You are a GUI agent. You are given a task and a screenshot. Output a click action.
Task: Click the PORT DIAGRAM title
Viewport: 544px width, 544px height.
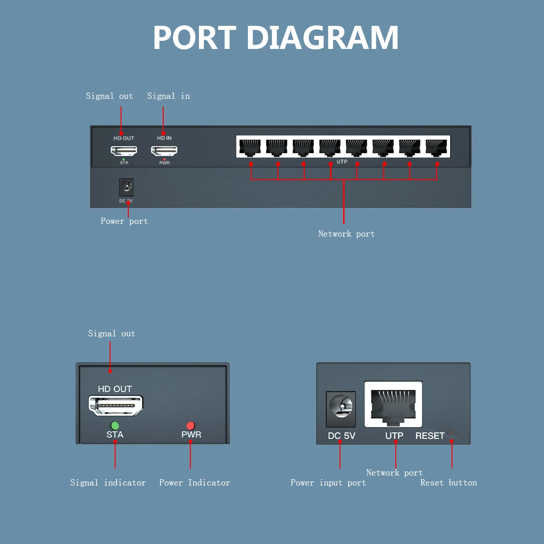click(276, 38)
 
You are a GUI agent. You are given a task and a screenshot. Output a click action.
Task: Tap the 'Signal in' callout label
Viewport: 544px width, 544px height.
click(169, 96)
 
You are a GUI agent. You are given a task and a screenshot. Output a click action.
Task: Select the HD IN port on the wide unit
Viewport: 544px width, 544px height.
click(164, 151)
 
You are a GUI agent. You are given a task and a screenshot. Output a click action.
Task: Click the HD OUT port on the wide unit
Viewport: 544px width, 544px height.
click(124, 151)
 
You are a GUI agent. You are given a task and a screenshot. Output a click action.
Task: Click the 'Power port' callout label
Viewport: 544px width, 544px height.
click(124, 221)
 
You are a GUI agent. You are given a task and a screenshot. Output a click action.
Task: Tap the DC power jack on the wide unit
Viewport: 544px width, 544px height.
click(126, 187)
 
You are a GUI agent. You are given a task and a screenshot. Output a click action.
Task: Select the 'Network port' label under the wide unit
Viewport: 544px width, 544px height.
click(346, 234)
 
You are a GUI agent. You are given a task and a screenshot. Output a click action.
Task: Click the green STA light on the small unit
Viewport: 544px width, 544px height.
click(115, 425)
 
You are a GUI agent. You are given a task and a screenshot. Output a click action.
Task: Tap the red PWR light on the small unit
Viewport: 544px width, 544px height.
click(190, 425)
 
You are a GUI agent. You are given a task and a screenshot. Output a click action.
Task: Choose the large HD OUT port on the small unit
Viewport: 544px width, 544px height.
click(116, 405)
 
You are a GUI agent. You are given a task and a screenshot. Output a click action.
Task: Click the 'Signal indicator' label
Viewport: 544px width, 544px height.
click(108, 483)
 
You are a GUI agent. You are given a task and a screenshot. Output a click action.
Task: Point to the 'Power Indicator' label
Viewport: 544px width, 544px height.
click(194, 483)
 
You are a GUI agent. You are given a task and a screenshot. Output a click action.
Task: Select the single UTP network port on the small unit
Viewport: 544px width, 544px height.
click(393, 404)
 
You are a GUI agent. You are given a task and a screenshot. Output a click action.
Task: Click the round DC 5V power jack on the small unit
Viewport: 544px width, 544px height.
click(341, 407)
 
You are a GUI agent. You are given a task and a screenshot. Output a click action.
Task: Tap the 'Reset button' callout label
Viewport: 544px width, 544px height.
click(449, 483)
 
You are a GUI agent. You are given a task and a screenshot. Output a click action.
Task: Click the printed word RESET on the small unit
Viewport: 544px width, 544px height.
click(430, 436)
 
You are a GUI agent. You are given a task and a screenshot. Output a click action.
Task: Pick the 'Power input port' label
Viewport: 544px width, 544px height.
click(328, 483)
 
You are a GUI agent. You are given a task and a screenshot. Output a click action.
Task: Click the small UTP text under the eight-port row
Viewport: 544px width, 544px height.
click(342, 162)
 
